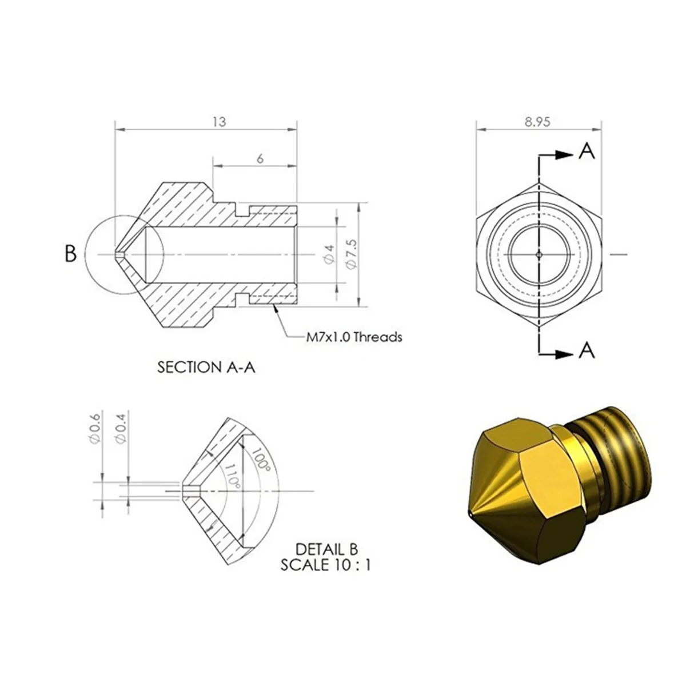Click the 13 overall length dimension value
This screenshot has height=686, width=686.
coord(219,122)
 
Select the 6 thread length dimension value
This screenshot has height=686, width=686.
coord(260,158)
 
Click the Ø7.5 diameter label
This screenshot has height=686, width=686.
coord(352,254)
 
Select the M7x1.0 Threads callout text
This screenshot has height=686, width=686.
coord(354,337)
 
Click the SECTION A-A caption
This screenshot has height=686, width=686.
coord(206,367)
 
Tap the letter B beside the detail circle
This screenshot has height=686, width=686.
coord(70,253)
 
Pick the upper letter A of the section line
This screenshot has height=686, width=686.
coord(587,151)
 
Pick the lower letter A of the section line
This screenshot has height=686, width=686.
coord(587,350)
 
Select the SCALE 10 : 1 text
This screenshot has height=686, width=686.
coord(326,565)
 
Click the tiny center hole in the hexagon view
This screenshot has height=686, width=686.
coord(539,254)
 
